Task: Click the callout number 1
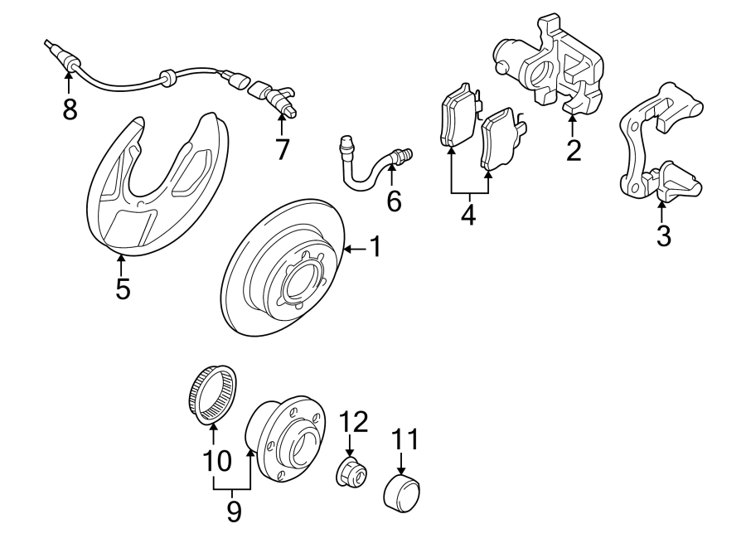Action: pos(375,247)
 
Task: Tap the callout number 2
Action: pos(573,150)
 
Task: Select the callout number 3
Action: pos(663,235)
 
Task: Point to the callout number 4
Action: pos(468,215)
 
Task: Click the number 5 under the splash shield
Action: pos(123,289)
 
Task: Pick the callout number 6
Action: pos(393,200)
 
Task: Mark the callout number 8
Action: pos(70,109)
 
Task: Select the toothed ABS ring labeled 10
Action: pos(214,397)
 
